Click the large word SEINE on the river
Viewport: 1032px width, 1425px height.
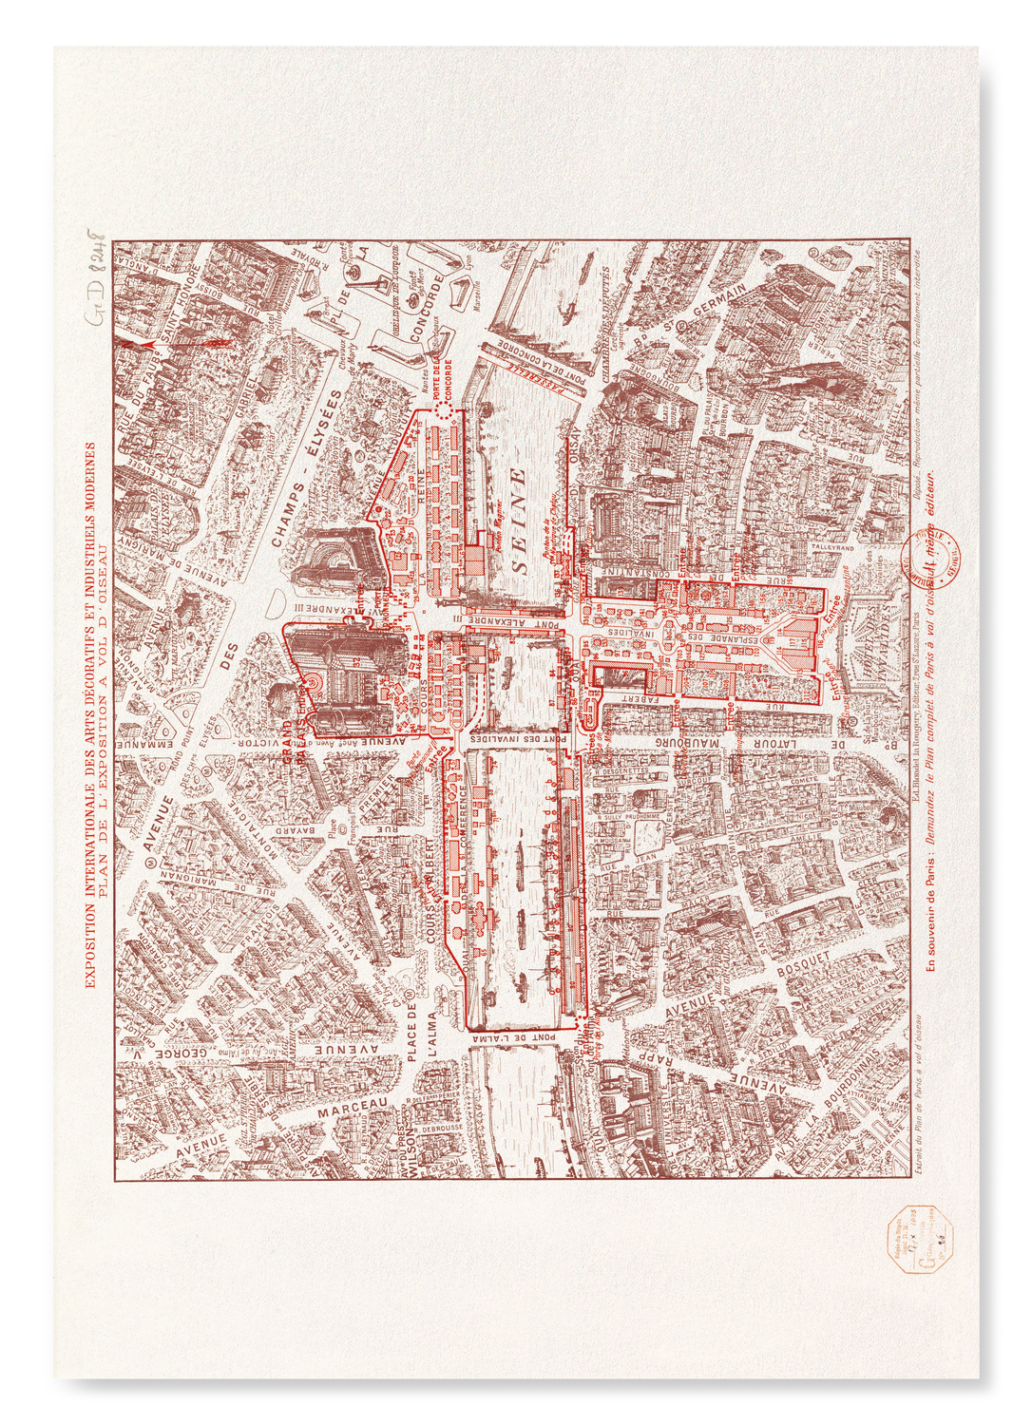click(x=519, y=520)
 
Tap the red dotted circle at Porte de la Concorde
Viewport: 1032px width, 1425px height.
click(x=443, y=409)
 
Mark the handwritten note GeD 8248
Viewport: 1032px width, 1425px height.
click(x=98, y=275)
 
